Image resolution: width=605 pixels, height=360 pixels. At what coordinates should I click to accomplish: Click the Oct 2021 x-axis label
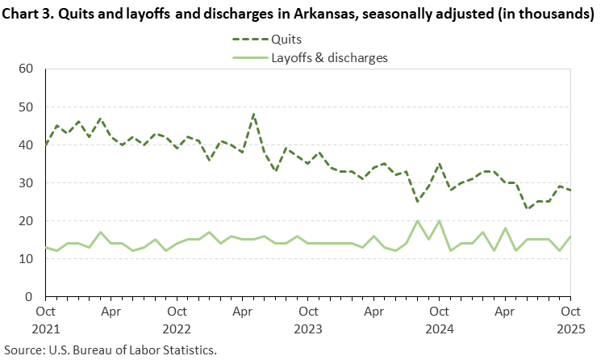46,318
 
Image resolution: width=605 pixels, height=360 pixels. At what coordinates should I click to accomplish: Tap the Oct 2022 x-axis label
177,318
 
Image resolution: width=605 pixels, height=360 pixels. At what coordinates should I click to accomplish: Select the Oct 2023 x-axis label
307,318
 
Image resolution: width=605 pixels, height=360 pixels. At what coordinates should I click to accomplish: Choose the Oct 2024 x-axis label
438,318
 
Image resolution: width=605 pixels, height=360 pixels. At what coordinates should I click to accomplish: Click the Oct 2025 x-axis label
570,318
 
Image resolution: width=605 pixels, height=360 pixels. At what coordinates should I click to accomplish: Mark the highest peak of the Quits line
253,115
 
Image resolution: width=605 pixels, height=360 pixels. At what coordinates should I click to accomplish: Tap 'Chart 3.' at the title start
30,15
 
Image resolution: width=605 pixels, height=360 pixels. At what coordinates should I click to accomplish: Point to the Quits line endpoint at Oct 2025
570,190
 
